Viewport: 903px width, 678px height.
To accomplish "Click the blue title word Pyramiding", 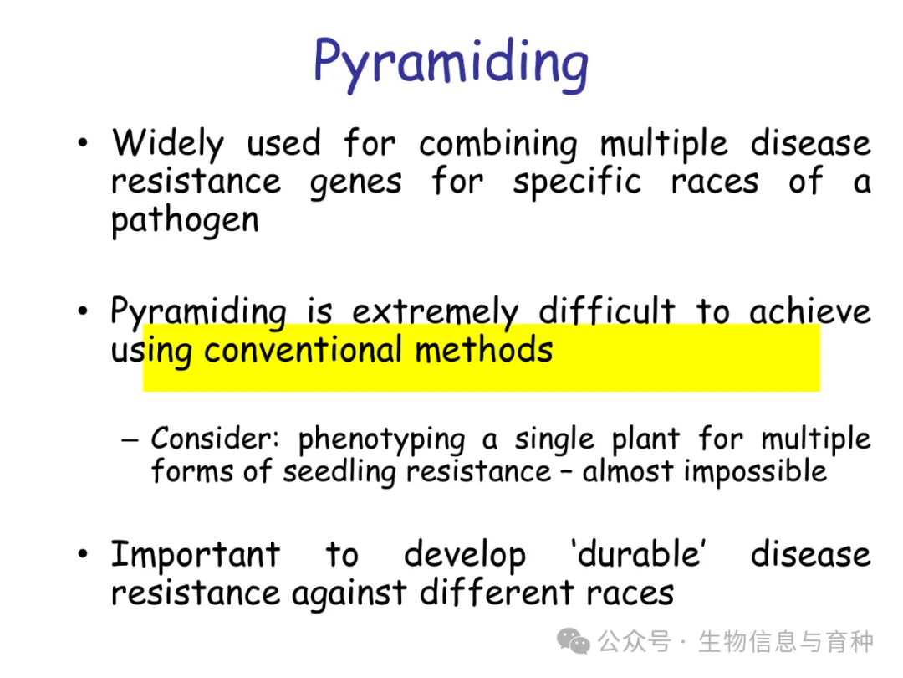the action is click(451, 64).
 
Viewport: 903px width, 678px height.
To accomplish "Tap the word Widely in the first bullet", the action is click(167, 144).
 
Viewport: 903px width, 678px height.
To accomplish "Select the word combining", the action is click(497, 145).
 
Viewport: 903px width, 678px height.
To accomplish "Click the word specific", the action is click(576, 182).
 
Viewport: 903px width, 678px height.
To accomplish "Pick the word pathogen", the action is click(185, 221).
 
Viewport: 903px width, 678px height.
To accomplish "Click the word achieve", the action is click(809, 311).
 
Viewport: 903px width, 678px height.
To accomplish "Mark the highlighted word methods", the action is click(484, 349).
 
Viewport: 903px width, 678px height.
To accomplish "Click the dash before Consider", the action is click(130, 440).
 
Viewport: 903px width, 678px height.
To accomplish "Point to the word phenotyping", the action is click(381, 440).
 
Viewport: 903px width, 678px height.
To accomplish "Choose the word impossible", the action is click(755, 471).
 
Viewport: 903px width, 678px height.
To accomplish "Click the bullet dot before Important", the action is click(83, 553).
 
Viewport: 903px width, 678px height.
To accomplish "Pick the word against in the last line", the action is click(349, 593).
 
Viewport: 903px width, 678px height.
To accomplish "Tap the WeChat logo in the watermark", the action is click(573, 641).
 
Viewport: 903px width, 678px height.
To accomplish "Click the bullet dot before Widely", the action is click(83, 141).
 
